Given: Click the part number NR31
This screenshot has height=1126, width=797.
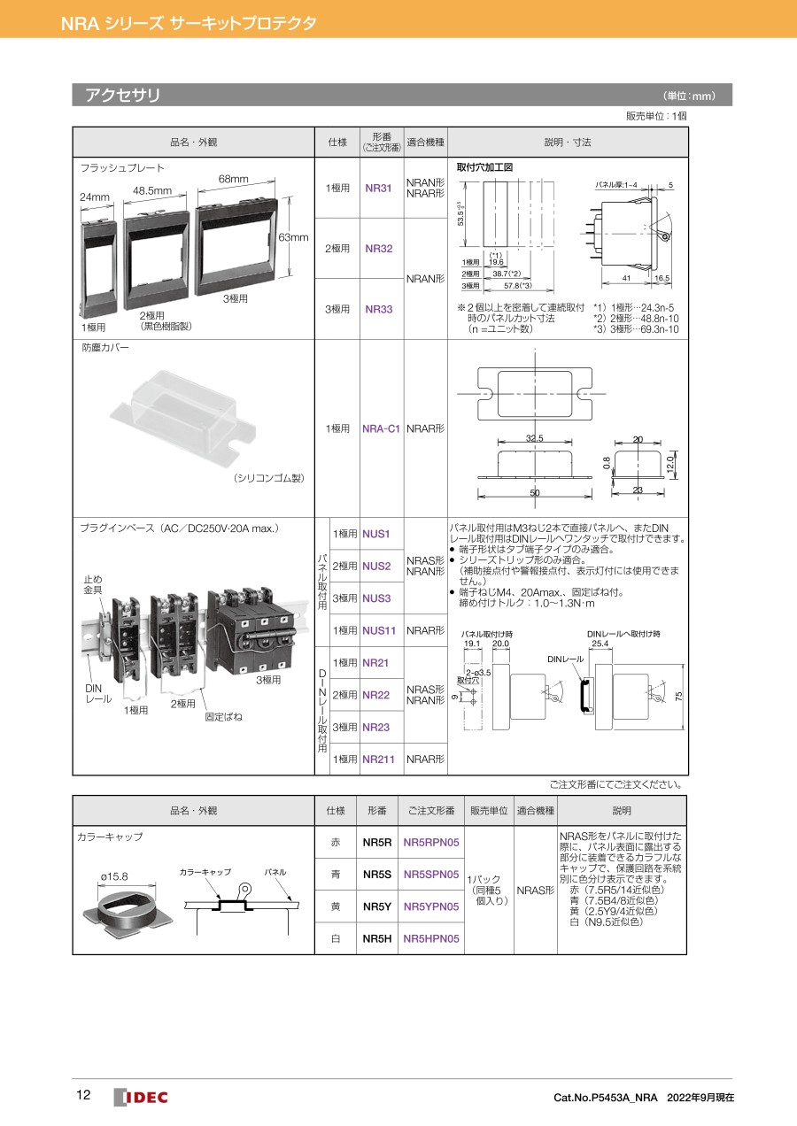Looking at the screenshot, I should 378,189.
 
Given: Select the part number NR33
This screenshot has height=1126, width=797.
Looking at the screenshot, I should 378,309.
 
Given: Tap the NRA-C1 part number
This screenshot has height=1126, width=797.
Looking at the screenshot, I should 382,428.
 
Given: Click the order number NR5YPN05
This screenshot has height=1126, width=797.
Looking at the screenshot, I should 431,906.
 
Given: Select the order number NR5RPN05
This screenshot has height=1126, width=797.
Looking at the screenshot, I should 431,843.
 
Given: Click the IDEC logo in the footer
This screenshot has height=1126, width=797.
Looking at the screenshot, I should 141,1097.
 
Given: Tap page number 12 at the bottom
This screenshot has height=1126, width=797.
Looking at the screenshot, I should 83,1096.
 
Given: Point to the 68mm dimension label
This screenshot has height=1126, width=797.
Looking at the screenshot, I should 234,180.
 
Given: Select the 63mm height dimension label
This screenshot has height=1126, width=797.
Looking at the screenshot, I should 293,237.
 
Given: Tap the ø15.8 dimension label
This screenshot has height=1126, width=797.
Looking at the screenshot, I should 113,876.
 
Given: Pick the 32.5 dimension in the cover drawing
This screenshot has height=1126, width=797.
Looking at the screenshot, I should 534,439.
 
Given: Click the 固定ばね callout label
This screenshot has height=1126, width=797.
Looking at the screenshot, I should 223,716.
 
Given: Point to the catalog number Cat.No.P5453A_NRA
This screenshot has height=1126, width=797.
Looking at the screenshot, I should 605,1098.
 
